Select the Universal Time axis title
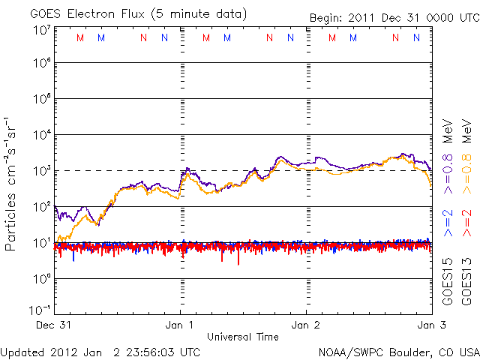[243, 337]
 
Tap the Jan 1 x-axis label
[181, 325]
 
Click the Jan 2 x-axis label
[306, 325]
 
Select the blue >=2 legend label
[448, 223]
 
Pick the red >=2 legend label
[466, 223]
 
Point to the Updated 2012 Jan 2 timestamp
[100, 351]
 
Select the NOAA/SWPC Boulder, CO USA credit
[398, 351]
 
